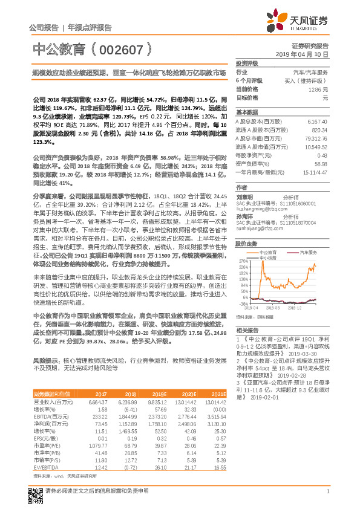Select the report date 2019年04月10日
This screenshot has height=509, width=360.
tap(306, 54)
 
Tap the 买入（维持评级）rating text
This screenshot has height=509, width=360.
tap(309, 80)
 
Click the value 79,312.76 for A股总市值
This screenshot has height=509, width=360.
tap(316, 138)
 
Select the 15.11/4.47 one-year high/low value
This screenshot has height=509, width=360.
tap(316, 172)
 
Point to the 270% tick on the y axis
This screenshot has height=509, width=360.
tap(243, 256)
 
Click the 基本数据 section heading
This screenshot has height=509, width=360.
tap(247, 112)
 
